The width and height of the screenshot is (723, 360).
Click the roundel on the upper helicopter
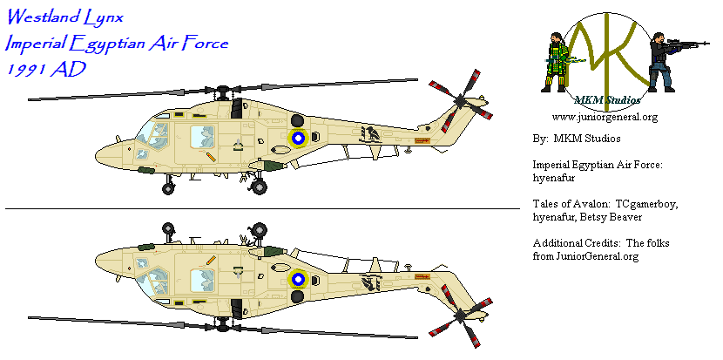[298, 137]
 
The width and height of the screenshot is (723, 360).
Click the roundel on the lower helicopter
[298, 278]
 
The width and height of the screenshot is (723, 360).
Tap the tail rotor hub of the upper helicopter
[461, 100]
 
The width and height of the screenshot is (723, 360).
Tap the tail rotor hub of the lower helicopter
[461, 316]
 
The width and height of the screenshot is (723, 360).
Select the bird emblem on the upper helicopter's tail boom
[371, 134]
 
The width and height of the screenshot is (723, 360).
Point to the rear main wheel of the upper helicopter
[259, 187]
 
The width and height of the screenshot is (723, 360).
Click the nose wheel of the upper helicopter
[168, 188]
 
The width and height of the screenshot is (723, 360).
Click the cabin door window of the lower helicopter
[202, 280]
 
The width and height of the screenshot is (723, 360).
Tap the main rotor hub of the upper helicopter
[224, 92]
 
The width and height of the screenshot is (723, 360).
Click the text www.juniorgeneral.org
[605, 117]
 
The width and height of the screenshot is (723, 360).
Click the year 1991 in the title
[27, 70]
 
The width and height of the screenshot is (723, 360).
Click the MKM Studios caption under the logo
[607, 100]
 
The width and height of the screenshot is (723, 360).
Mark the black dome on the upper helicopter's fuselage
[297, 120]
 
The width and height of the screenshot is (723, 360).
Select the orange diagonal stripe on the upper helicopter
[211, 157]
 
